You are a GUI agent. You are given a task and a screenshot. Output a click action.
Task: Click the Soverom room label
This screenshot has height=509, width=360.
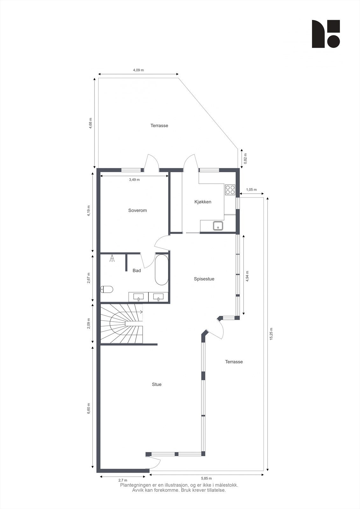pyautogui.click(x=138, y=210)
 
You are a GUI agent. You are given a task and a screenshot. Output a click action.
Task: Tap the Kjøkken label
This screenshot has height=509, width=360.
pyautogui.click(x=203, y=202)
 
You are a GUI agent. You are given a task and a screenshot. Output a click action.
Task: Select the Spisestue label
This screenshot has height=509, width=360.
pyautogui.click(x=204, y=279)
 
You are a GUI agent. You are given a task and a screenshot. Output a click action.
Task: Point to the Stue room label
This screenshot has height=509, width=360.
pyautogui.click(x=157, y=384)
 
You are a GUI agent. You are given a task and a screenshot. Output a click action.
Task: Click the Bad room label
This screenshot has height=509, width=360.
pyautogui.click(x=137, y=270)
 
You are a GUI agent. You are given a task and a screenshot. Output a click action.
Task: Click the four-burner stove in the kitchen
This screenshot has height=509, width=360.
pyautogui.click(x=230, y=190)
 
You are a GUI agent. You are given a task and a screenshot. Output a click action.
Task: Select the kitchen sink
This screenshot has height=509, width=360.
pyautogui.click(x=218, y=226)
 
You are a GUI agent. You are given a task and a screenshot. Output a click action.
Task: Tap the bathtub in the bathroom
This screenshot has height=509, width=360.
pyautogui.click(x=162, y=270)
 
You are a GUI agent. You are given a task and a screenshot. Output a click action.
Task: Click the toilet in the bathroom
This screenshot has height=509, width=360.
pyautogui.click(x=107, y=289)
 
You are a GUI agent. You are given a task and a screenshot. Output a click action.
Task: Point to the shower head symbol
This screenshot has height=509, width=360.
pyautogui.click(x=112, y=258)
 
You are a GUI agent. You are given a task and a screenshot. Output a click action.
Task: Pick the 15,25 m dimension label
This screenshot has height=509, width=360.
pyautogui.click(x=271, y=334)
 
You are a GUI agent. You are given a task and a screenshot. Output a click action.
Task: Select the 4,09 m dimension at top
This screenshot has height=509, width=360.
pyautogui.click(x=138, y=70)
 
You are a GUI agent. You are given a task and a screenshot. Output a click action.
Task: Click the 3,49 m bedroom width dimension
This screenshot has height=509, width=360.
pyautogui.click(x=134, y=180)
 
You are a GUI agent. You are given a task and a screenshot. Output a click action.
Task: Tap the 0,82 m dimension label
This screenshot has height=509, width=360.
pyautogui.click(x=245, y=158)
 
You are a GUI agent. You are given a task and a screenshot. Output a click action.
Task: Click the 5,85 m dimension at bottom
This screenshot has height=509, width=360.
pyautogui.click(x=206, y=478)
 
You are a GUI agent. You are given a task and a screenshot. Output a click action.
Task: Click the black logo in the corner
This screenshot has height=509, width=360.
pyautogui.click(x=326, y=34)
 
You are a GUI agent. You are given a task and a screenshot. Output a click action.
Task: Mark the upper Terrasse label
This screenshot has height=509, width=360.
pyautogui.click(x=159, y=126)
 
